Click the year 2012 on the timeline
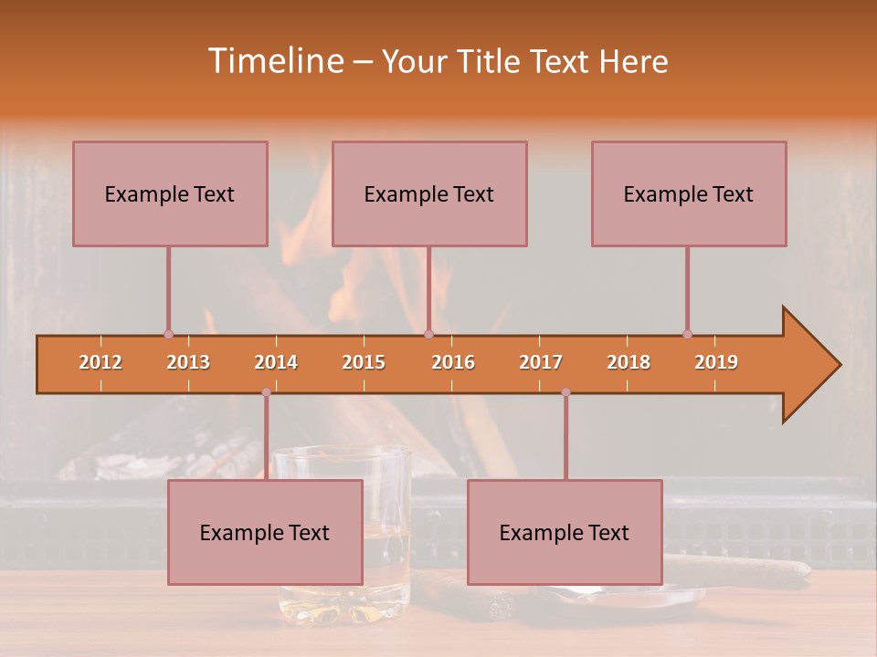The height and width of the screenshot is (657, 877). (100, 362)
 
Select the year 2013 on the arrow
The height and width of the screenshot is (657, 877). (188, 362)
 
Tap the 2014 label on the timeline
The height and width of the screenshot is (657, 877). (276, 362)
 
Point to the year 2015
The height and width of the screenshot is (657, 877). (364, 362)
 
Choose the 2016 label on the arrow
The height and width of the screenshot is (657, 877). (453, 362)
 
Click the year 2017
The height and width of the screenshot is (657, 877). (541, 362)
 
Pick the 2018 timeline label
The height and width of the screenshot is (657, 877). (629, 362)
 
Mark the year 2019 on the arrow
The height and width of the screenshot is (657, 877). (716, 362)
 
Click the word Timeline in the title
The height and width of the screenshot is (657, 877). (273, 61)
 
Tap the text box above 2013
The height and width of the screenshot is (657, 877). (170, 193)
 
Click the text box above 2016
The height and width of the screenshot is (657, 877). (429, 193)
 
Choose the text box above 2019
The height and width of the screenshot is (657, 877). (689, 193)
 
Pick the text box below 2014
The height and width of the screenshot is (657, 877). (265, 532)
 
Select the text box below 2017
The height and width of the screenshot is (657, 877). (565, 532)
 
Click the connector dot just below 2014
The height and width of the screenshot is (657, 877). (266, 392)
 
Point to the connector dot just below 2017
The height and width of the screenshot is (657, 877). (565, 392)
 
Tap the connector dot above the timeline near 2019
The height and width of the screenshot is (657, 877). (687, 334)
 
